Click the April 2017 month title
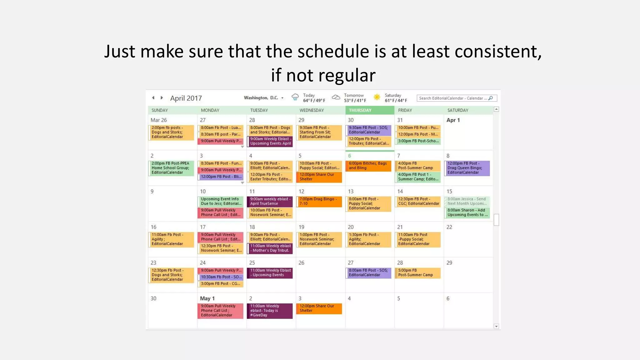(186, 98)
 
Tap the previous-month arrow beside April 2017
(153, 98)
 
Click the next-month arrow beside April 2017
(162, 98)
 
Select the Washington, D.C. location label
(261, 98)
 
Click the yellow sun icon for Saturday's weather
(377, 97)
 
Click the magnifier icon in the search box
(491, 98)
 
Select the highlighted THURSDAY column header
(360, 110)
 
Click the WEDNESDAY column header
(312, 110)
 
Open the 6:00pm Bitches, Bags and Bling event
(368, 166)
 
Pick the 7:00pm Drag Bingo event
(319, 201)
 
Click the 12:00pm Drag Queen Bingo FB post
(467, 168)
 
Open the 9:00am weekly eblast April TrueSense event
(270, 201)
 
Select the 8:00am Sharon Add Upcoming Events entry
(467, 212)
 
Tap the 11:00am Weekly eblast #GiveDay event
(270, 311)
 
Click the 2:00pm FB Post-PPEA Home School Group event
(171, 168)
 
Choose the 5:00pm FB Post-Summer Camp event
(417, 273)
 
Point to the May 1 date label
(207, 298)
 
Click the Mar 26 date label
(159, 120)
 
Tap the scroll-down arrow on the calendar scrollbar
(496, 326)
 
